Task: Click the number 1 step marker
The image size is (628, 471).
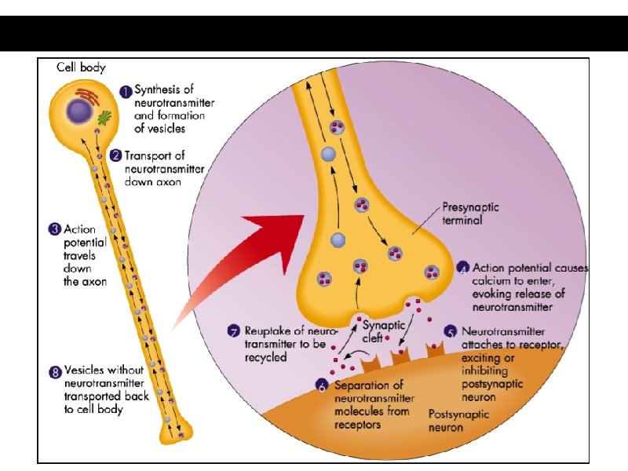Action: click(x=125, y=90)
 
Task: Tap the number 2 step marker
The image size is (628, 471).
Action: click(x=115, y=155)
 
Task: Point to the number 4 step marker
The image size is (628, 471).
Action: click(x=462, y=268)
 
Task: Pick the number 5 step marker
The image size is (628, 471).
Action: click(x=451, y=331)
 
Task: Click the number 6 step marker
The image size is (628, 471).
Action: click(x=323, y=385)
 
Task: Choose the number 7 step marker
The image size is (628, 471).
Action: click(x=234, y=331)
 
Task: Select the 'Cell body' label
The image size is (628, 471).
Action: click(x=81, y=68)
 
